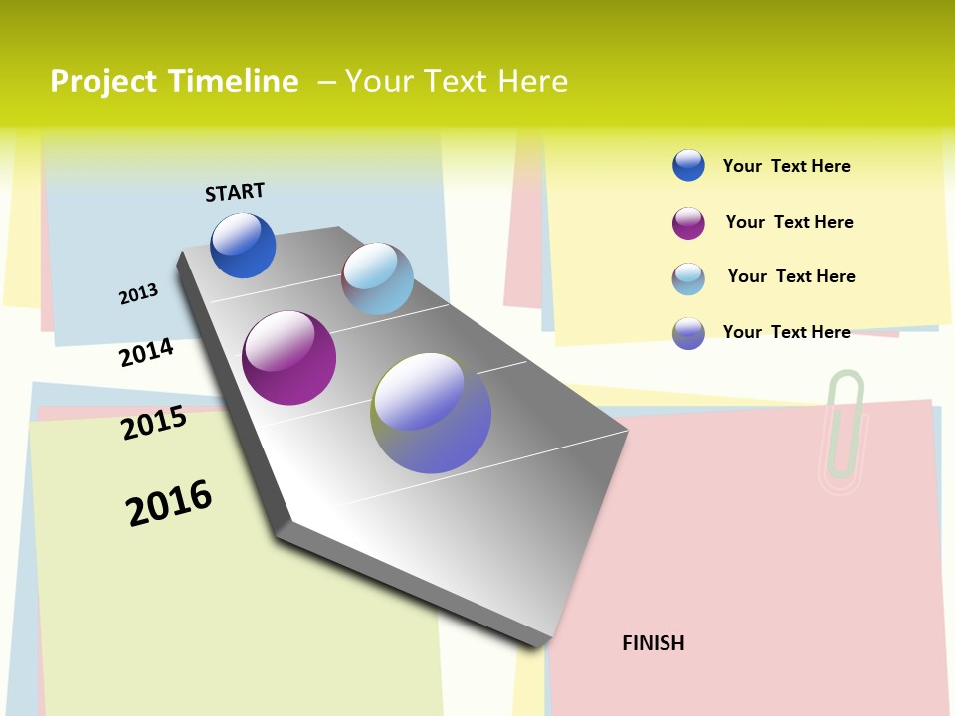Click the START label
coord(235,192)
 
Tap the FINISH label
coord(653,643)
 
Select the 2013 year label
coord(138,293)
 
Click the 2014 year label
coord(146,352)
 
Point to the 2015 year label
coord(154,423)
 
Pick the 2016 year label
coord(169,503)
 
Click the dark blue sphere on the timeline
coord(243,246)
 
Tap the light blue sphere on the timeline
coord(377,278)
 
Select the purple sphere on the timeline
coord(288,358)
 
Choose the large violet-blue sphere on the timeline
coord(431,413)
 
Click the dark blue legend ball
coord(688,165)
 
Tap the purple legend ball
coord(688,223)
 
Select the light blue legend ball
coord(688,278)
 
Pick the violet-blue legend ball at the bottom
coord(688,333)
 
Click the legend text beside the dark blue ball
coord(786,166)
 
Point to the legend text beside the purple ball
coord(789,222)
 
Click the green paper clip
coord(843,432)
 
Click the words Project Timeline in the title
coord(174,82)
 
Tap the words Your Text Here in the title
coord(457,82)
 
